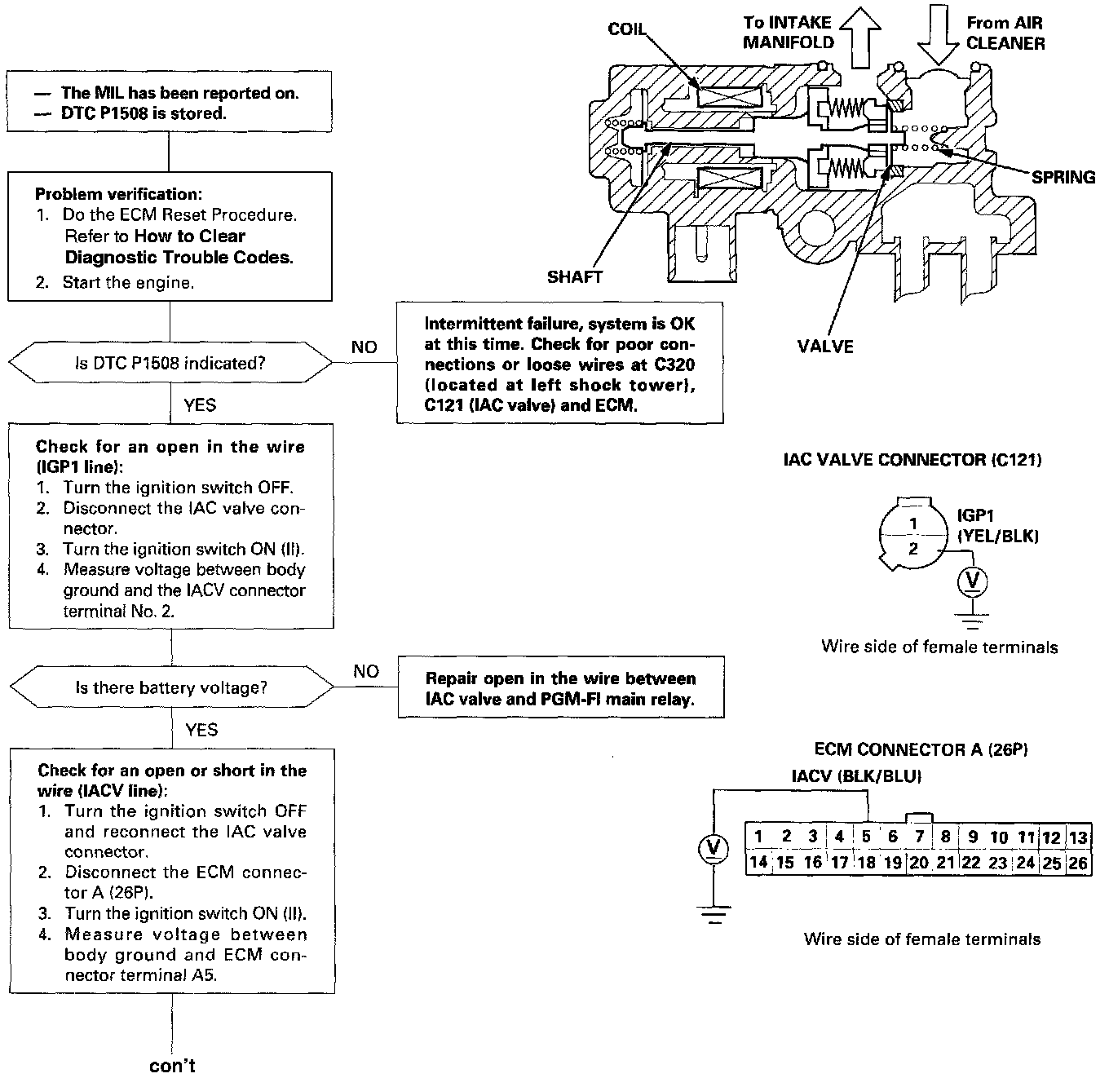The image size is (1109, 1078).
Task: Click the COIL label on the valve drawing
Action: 626,29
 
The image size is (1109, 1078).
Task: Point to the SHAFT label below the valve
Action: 574,277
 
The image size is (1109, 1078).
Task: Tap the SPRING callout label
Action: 1063,177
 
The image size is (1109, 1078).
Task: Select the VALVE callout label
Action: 824,347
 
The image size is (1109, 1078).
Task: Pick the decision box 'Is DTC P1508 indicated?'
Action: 170,364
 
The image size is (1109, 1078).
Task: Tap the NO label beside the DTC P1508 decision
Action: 365,347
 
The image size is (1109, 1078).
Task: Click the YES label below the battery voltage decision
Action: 201,730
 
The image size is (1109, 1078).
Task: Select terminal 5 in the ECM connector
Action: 866,836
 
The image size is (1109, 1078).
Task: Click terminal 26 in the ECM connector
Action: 1078,863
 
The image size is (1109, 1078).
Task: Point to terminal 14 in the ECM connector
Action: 758,863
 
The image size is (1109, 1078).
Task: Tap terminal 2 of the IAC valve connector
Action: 913,549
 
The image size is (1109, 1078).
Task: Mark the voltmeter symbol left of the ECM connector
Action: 714,850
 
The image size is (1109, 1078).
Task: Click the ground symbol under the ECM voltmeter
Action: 714,916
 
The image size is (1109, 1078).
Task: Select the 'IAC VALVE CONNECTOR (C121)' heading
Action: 912,460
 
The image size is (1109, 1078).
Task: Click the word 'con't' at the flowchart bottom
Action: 172,1066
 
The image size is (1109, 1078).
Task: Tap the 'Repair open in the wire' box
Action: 561,689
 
